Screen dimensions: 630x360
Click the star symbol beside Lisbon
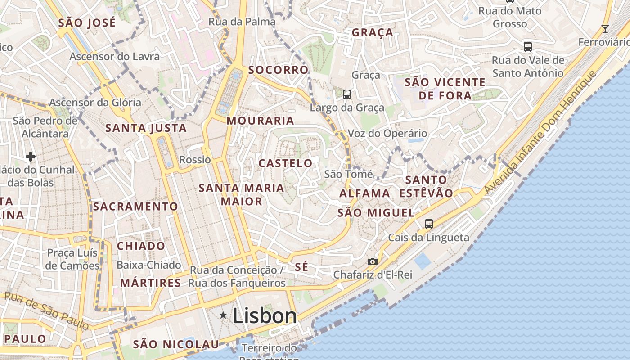[223, 315]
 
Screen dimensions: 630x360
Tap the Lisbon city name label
[265, 315]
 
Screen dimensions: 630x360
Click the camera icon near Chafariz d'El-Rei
[372, 261]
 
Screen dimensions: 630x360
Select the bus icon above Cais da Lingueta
[429, 224]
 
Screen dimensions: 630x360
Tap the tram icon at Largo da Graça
[346, 94]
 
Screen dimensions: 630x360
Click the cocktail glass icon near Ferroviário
[605, 29]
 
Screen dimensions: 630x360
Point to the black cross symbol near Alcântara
[31, 157]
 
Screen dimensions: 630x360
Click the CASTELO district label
[285, 163]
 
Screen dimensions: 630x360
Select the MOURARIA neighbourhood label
[261, 121]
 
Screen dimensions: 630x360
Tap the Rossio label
[195, 160]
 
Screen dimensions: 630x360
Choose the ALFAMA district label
[364, 193]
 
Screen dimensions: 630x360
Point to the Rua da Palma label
[242, 22]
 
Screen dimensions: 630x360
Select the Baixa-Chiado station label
[149, 265]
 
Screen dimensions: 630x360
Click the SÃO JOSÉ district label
[87, 23]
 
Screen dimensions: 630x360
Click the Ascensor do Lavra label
[114, 57]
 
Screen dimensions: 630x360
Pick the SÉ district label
[302, 266]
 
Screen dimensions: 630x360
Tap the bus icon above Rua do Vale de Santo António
[528, 46]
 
